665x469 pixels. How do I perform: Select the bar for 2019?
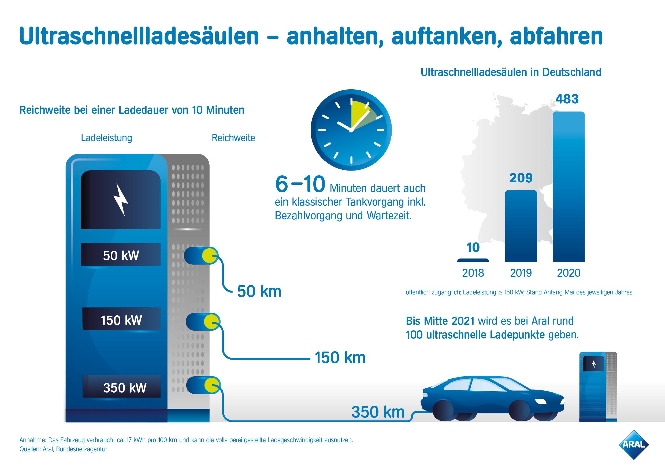(521, 226)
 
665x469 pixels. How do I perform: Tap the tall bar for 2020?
(569, 187)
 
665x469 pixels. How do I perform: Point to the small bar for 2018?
(473, 260)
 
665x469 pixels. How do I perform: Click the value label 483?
(567, 99)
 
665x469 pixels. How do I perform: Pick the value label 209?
(521, 178)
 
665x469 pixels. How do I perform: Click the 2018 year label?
(473, 273)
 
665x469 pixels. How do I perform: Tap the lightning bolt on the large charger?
(121, 199)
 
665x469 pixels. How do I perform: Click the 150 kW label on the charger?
(121, 320)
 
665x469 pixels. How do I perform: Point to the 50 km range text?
(259, 291)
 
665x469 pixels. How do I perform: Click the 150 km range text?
(340, 358)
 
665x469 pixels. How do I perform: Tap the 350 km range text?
(378, 412)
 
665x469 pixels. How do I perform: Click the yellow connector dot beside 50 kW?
(209, 256)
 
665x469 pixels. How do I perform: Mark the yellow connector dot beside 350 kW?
(212, 385)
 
